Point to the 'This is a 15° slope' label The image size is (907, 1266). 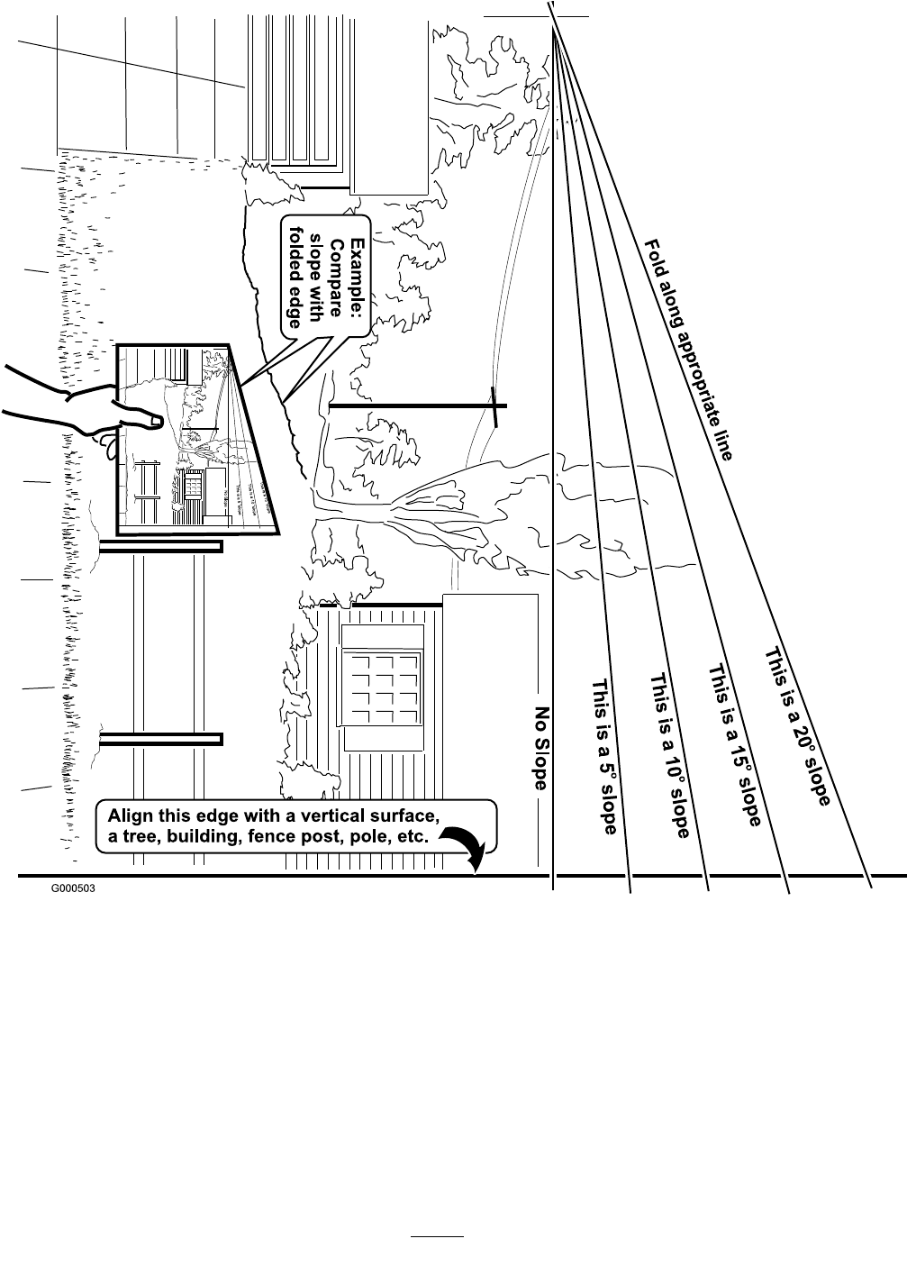coord(734,744)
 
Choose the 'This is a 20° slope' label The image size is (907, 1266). coord(797,725)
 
